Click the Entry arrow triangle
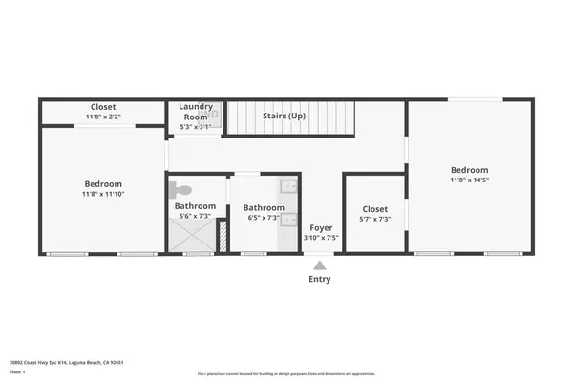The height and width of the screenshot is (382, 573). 320,265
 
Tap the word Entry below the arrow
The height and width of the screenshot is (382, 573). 320,280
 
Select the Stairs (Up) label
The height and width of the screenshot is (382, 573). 284,116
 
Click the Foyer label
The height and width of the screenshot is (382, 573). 320,228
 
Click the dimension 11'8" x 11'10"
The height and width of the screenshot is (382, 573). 103,194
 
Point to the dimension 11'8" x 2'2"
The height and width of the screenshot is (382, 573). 103,117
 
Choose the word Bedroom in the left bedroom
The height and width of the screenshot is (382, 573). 103,184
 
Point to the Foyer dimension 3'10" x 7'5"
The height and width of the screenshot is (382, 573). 320,238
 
